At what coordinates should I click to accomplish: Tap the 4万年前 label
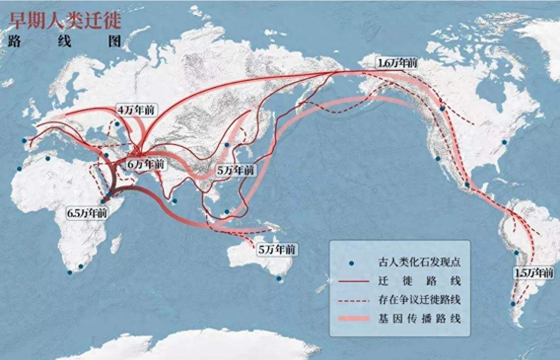[x=136, y=110]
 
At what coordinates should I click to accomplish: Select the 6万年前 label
[x=146, y=165]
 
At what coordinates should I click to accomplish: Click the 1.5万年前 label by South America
[x=534, y=273]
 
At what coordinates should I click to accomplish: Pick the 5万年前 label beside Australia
[x=277, y=250]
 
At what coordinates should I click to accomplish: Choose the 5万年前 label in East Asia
[x=236, y=171]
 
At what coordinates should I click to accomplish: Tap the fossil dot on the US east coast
[x=505, y=142]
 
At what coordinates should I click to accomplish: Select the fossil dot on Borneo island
[x=227, y=212]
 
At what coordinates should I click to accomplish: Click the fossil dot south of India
[x=175, y=201]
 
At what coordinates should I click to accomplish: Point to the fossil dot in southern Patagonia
[x=513, y=304]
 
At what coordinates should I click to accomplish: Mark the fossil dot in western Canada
[x=442, y=109]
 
